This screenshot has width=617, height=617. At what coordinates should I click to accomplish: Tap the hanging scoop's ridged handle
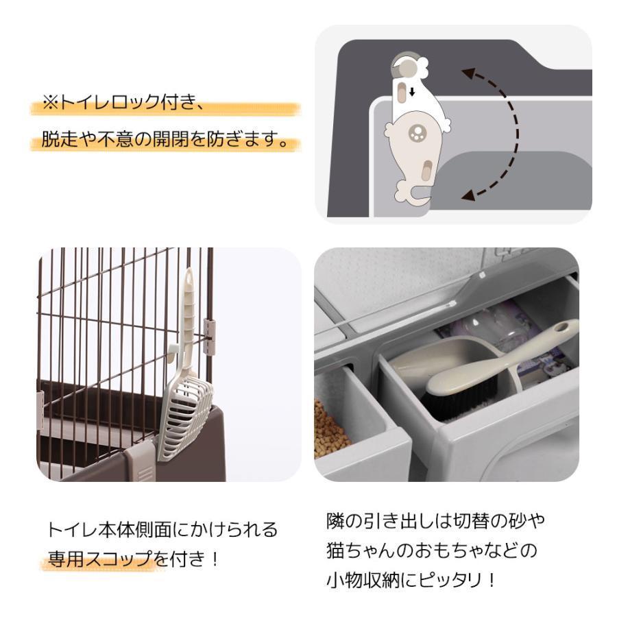coord(186,308)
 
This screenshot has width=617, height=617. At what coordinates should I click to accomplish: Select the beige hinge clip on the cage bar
coord(210,337)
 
